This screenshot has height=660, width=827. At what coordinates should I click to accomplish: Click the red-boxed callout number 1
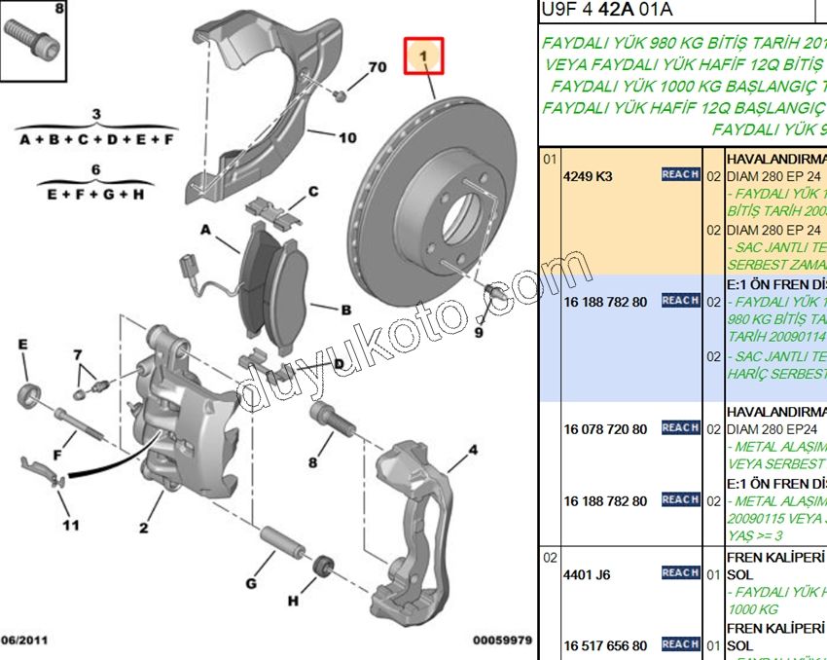point(423,57)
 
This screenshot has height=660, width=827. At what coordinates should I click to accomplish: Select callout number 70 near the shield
point(378,67)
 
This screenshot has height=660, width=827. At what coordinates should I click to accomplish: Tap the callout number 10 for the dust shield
point(347,137)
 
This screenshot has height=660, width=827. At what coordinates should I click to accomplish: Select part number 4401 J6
point(587,574)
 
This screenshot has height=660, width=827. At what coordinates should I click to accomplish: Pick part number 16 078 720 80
point(605,429)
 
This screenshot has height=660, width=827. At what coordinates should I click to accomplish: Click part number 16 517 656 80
point(605,645)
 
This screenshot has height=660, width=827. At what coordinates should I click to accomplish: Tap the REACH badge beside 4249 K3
point(680,174)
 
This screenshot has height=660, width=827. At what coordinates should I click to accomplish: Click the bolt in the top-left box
point(31,41)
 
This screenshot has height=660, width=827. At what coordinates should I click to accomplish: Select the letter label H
point(293,601)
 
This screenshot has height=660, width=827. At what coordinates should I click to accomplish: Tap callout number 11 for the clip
point(69,526)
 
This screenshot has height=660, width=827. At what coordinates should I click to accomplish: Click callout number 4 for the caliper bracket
point(473,450)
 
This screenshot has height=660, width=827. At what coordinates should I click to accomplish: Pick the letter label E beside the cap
point(22,345)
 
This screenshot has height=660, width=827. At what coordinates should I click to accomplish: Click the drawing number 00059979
point(502,641)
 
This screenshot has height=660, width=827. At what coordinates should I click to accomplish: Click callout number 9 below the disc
point(478,332)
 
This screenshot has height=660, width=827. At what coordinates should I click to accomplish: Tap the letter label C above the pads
point(313,192)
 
